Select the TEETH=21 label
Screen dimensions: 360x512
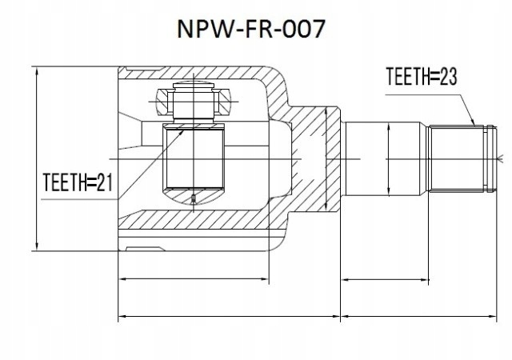(x=76, y=184)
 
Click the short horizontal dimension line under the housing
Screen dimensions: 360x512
(x=194, y=279)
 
